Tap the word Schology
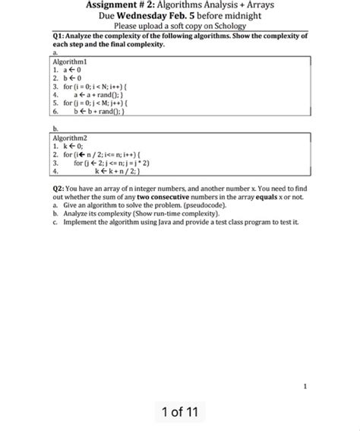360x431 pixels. (224, 27)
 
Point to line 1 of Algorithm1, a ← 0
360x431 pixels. (68, 68)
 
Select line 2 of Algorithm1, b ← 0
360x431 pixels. (68, 77)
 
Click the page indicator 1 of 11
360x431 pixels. (180, 411)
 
